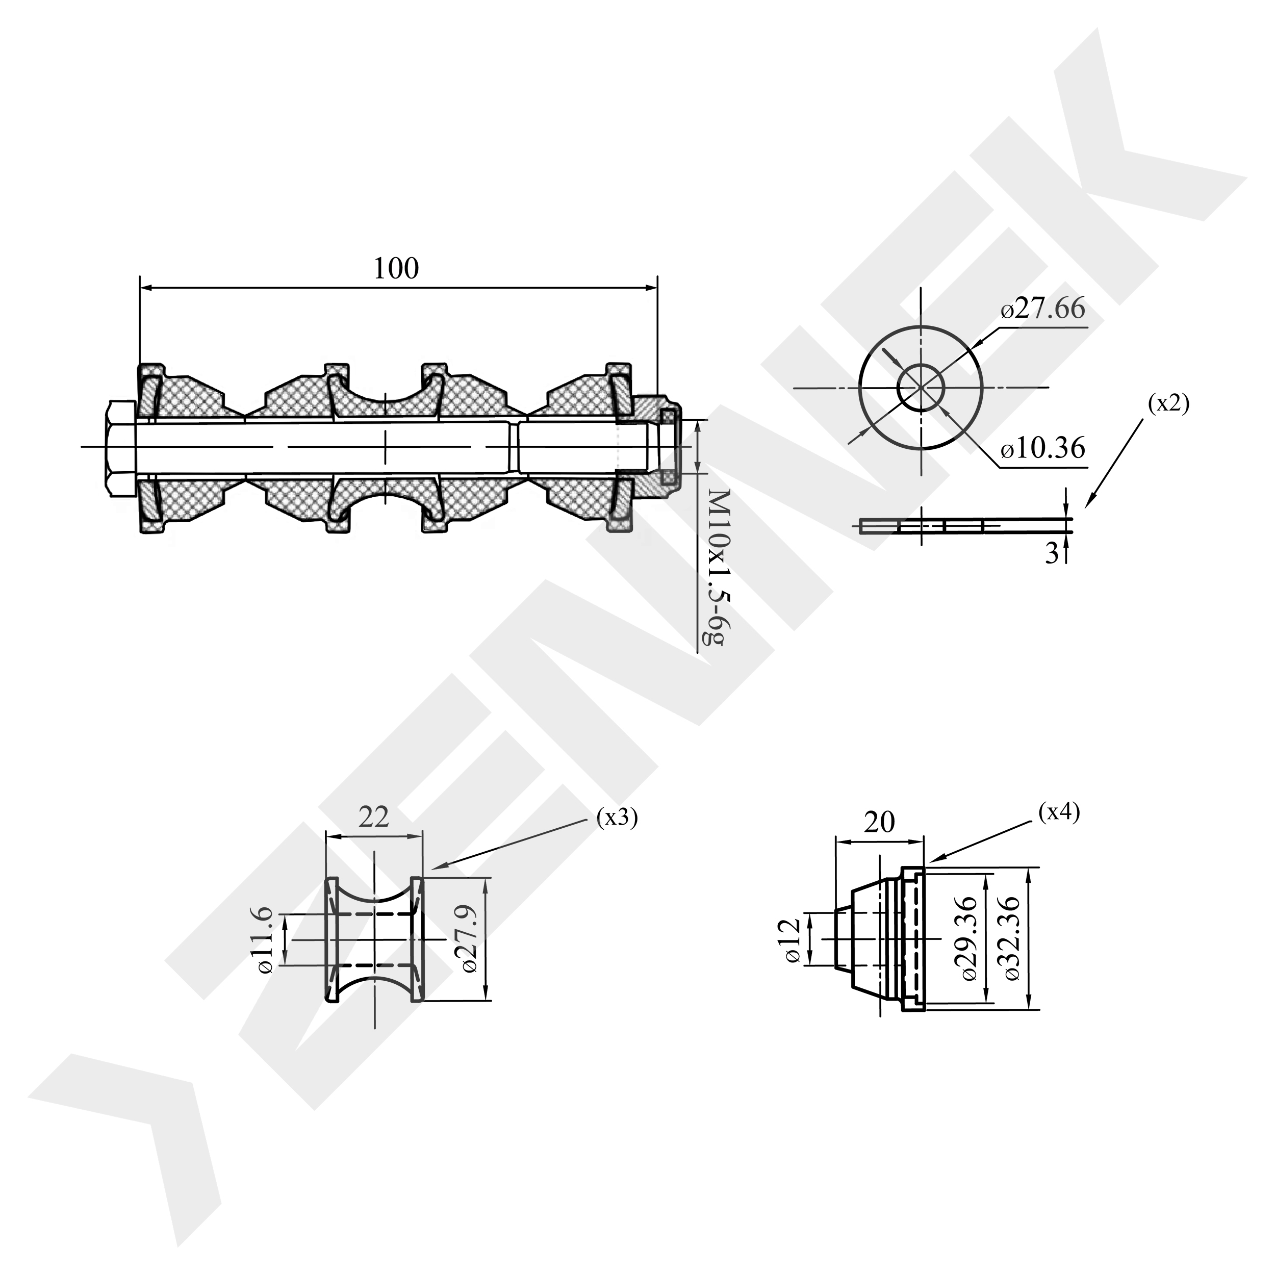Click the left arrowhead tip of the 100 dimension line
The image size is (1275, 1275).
coord(141,287)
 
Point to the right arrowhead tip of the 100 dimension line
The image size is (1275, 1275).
coord(657,287)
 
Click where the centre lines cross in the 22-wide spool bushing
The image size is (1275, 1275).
coord(375,938)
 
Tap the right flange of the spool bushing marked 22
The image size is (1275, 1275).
coord(417,938)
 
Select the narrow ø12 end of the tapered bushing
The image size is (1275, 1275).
coord(842,938)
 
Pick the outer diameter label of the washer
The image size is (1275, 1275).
coord(1043,308)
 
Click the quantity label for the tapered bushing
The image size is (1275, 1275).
coord(1059,813)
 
